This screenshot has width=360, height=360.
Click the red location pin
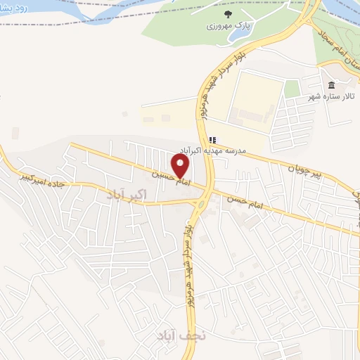pyautogui.click(x=181, y=167)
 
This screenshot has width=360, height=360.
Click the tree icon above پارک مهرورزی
pyautogui.click(x=227, y=14)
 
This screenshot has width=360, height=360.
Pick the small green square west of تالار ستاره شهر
pyautogui.click(x=292, y=88)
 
